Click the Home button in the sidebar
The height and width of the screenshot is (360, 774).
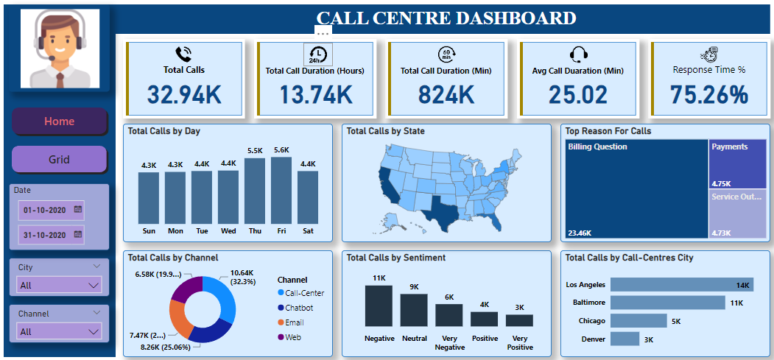point(59,121)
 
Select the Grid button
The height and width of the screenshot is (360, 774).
point(59,159)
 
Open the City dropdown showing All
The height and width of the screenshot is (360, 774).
point(60,285)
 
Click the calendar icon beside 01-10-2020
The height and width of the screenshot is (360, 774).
point(77,210)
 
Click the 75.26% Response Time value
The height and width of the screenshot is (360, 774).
point(708,95)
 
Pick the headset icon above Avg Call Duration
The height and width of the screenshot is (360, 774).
point(578,54)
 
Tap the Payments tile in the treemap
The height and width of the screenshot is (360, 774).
point(738,164)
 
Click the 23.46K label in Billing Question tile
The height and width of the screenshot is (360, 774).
point(580,233)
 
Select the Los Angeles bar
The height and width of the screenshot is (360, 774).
point(681,285)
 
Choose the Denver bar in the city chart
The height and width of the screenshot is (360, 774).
point(625,339)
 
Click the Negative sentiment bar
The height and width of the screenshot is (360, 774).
point(379,306)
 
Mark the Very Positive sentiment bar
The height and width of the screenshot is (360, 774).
point(519,320)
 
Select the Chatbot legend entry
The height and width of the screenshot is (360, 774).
point(299,308)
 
